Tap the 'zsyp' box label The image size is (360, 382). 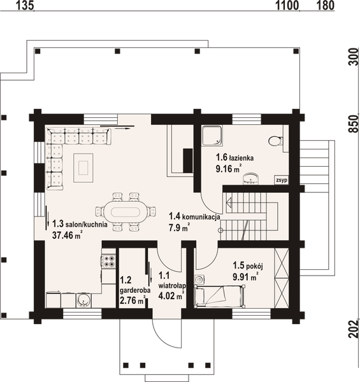pyautogui.click(x=281, y=181)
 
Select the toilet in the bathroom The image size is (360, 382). pyautogui.click(x=276, y=141)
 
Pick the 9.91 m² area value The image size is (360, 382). pyautogui.click(x=244, y=277)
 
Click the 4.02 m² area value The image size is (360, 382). pyautogui.click(x=169, y=295)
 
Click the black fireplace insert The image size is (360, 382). pyautogui.click(x=187, y=160)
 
